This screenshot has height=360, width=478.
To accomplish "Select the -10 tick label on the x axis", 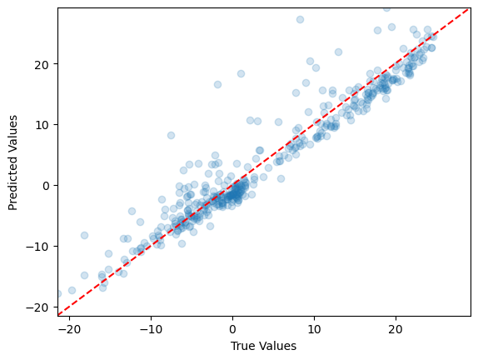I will point(151,330).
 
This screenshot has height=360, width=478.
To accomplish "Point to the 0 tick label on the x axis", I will point(232,330).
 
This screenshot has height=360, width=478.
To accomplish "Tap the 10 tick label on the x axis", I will point(314,330).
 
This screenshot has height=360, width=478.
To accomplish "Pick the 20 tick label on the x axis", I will point(396,330).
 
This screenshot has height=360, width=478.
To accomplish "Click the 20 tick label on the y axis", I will point(40,64).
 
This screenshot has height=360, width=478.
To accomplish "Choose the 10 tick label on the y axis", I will point(40,125).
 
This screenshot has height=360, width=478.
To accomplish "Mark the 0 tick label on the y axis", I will point(43,185).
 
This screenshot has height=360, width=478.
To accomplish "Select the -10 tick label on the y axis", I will point(37,246).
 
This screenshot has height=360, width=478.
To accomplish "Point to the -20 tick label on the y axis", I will point(37,307).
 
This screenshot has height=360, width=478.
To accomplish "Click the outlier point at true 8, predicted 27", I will point(300,19).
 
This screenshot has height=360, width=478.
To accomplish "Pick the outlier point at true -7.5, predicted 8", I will point(171,135).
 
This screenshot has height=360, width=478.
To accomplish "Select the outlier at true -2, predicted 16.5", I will point(217,84).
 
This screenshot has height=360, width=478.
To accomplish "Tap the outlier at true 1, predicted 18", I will point(241,73).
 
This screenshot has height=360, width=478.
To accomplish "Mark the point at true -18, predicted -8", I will point(84,235).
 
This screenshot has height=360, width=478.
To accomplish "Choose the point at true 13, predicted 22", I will point(338,52).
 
